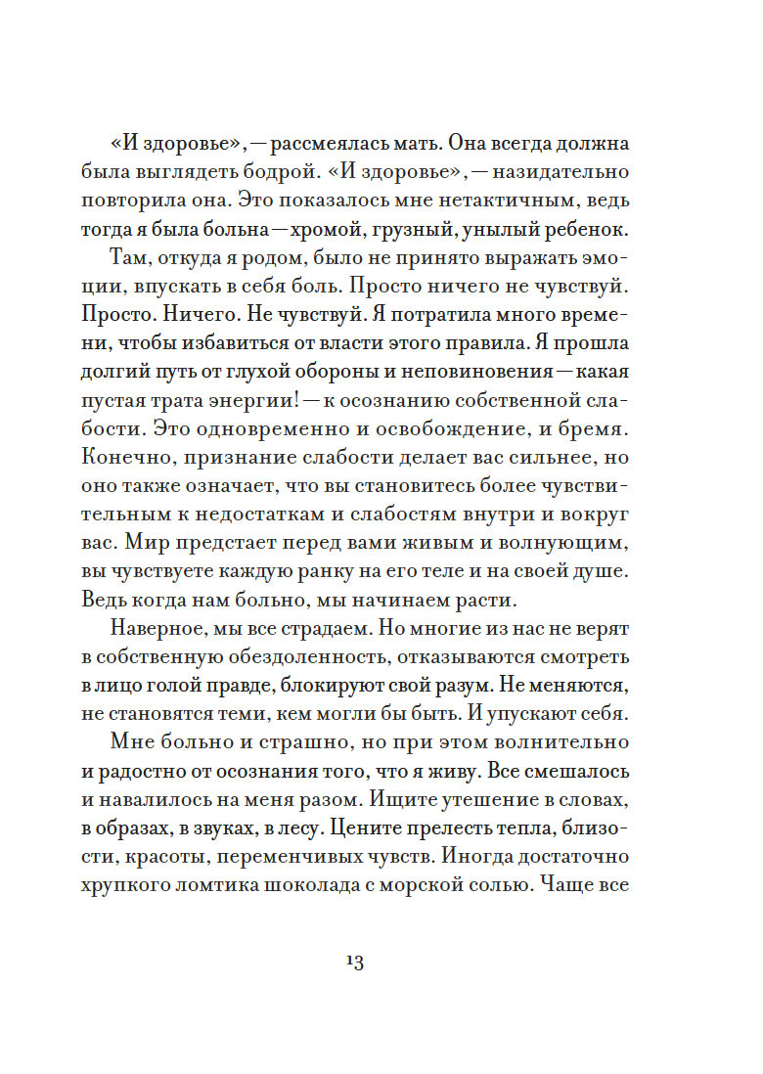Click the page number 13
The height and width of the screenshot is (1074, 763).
(x=354, y=962)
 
